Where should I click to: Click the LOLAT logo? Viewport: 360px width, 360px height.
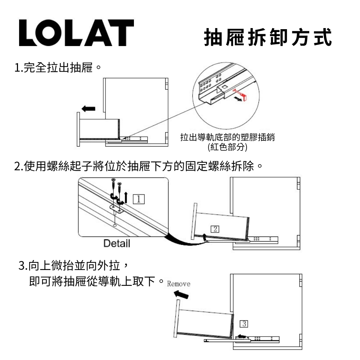pyautogui.click(x=76, y=33)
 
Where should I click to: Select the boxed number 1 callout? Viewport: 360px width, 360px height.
pyautogui.click(x=139, y=199)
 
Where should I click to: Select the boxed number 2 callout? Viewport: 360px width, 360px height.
pyautogui.click(x=215, y=229)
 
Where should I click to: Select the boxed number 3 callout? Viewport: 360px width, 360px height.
pyautogui.click(x=244, y=323)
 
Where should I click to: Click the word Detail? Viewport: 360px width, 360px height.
pyautogui.click(x=116, y=243)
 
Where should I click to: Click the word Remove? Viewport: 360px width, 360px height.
pyautogui.click(x=179, y=284)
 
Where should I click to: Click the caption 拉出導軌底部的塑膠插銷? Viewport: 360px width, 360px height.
pyautogui.click(x=227, y=138)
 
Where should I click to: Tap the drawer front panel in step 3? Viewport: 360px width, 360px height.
pyautogui.click(x=176, y=319)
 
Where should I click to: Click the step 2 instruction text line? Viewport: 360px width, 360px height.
pyautogui.click(x=137, y=167)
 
